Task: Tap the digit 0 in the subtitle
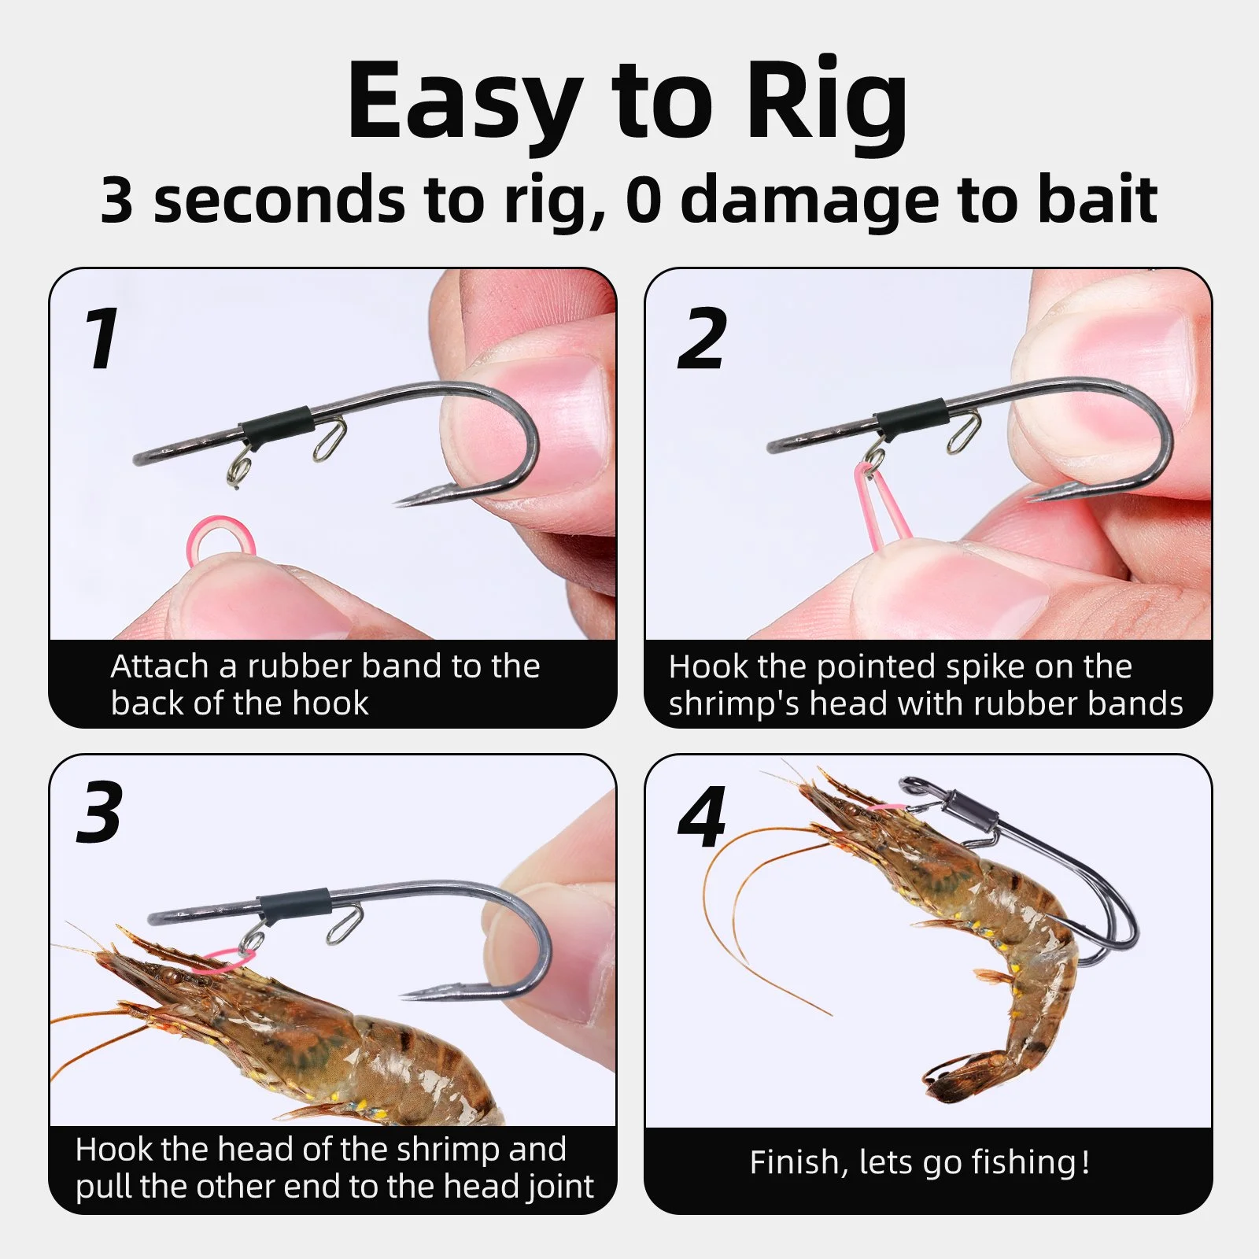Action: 644,201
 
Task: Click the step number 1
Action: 103,338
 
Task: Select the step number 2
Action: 702,338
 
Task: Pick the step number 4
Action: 702,817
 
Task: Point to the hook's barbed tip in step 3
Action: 403,996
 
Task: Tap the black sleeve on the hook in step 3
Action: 294,906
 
